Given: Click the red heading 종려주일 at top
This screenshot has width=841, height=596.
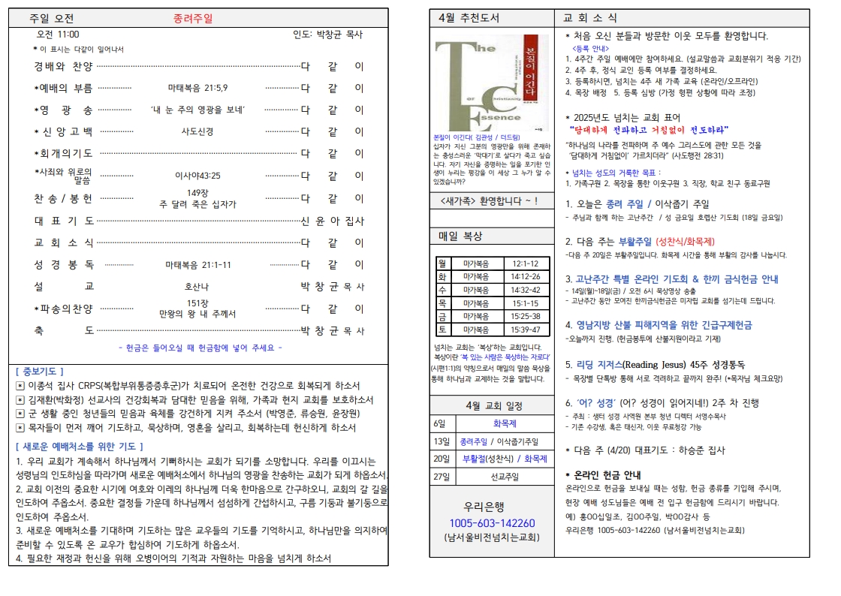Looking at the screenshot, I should tap(192, 19).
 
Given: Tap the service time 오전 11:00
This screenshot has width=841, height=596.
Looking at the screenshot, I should tap(58, 35).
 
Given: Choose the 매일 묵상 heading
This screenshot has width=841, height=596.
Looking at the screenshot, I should tap(460, 236).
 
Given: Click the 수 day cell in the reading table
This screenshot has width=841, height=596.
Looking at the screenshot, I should tap(442, 290).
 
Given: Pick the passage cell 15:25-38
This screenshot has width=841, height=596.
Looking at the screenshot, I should tap(525, 316).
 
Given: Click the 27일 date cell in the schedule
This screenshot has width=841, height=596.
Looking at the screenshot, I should tap(440, 477).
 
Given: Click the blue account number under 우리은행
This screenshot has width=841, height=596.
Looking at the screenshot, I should tap(492, 523).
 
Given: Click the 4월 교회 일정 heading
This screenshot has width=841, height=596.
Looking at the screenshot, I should tap(492, 405).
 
